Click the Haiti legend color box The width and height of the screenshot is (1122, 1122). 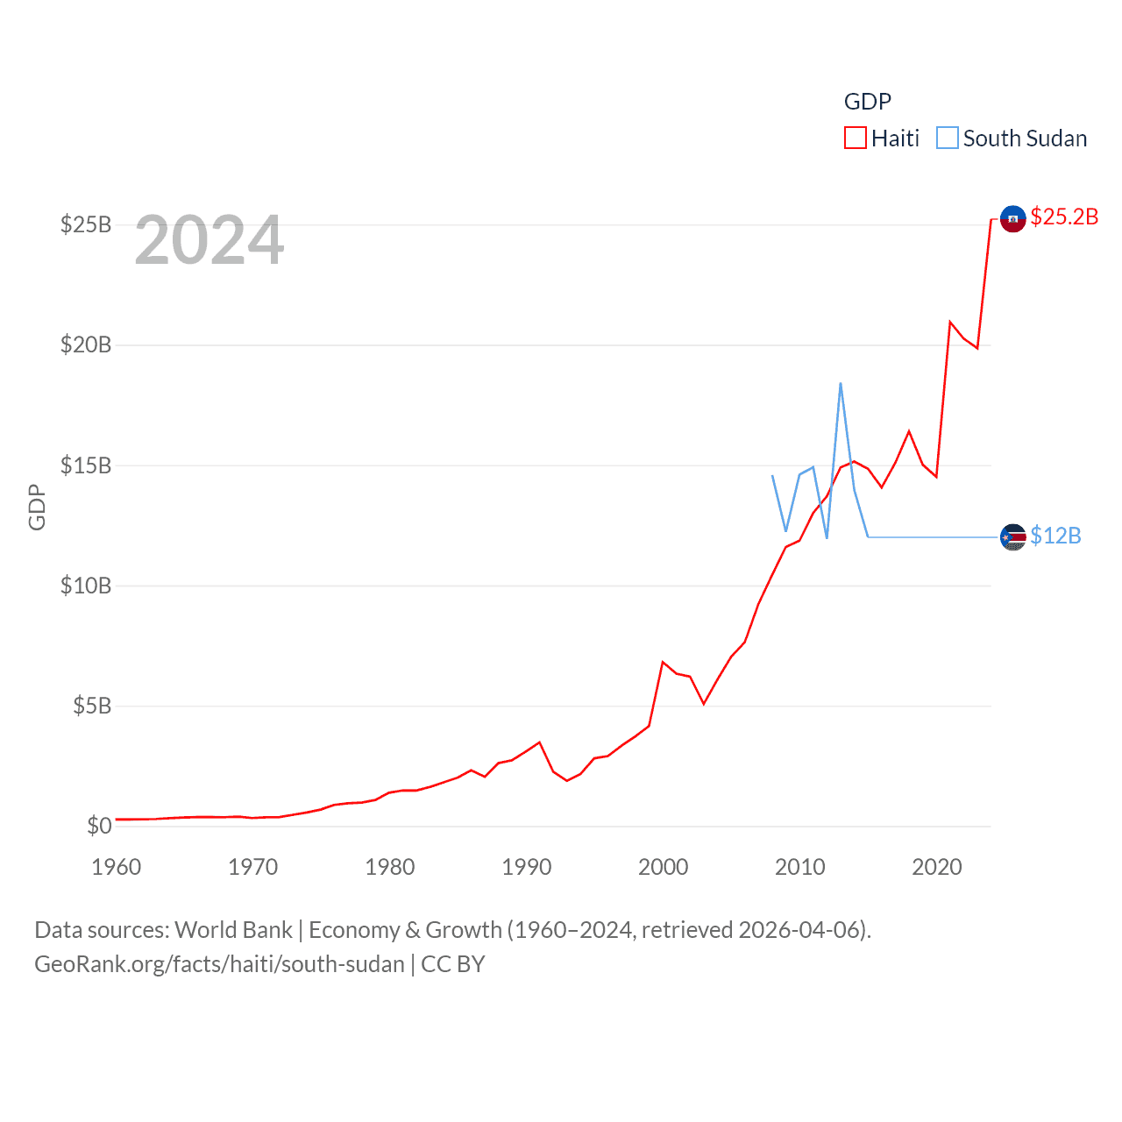pyautogui.click(x=855, y=138)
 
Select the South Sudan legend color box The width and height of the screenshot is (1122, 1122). pyautogui.click(x=947, y=138)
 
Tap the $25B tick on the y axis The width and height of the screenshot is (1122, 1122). pyautogui.click(x=86, y=224)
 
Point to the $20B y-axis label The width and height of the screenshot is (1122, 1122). pyautogui.click(x=86, y=344)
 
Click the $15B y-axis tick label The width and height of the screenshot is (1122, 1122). pyautogui.click(x=86, y=465)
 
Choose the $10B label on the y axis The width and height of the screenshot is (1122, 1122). pyautogui.click(x=86, y=586)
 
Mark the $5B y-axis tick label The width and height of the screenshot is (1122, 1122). pyautogui.click(x=92, y=706)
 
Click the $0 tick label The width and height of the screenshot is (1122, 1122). pyautogui.click(x=99, y=826)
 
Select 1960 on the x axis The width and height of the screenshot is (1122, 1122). pyautogui.click(x=117, y=867)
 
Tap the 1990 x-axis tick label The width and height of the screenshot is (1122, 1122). pyautogui.click(x=527, y=867)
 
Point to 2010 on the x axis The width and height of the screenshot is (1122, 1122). pyautogui.click(x=800, y=867)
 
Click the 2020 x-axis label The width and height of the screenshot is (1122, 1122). pyautogui.click(x=937, y=867)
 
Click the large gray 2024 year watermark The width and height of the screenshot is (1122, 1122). pyautogui.click(x=209, y=240)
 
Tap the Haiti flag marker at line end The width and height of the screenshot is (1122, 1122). pyautogui.click(x=1012, y=218)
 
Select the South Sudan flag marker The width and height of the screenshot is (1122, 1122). pyautogui.click(x=1012, y=536)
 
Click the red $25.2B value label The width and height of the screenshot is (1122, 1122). pyautogui.click(x=1064, y=217)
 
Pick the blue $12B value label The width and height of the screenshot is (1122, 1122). pyautogui.click(x=1055, y=536)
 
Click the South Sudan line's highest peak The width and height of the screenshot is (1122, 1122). pyautogui.click(x=841, y=384)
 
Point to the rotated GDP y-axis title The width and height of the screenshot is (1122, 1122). pyautogui.click(x=37, y=507)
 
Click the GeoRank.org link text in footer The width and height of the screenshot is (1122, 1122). pyautogui.click(x=219, y=964)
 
